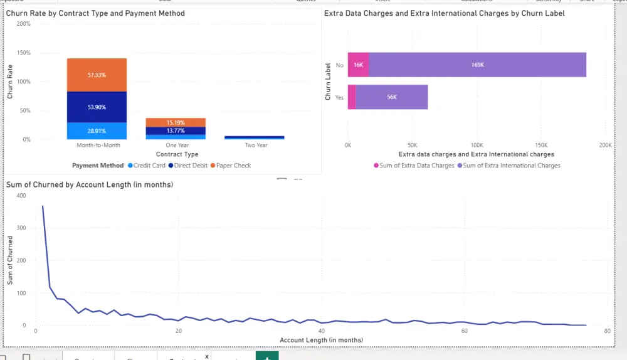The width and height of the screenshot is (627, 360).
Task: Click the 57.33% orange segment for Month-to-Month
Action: point(97,75)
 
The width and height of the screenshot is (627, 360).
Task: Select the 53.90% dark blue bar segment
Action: point(97,107)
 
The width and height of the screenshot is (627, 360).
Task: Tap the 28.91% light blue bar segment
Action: point(97,131)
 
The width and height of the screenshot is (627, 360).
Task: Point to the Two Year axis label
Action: point(256,146)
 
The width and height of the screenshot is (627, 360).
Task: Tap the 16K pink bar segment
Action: point(358,65)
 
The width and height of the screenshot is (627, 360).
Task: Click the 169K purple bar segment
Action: point(477,65)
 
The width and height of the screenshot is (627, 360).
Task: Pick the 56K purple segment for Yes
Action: point(391,97)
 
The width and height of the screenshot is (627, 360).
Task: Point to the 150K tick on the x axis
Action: point(540,145)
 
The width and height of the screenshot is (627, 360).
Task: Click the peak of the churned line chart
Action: point(43,206)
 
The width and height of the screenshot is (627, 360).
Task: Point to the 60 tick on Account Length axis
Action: point(464,331)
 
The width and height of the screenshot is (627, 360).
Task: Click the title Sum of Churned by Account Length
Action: point(90,184)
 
